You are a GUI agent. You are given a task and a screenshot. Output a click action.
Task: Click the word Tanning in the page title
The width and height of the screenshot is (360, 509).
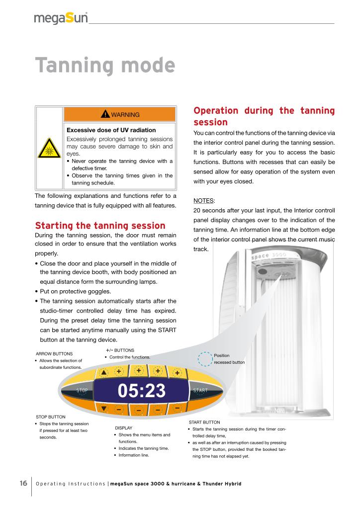(x=71, y=66)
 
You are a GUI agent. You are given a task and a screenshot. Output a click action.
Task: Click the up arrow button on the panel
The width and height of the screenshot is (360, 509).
(x=103, y=372)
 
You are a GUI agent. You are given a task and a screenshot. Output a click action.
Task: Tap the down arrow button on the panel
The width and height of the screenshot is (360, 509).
(x=103, y=409)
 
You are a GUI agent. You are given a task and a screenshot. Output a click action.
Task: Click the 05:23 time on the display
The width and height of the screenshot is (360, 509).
(x=142, y=391)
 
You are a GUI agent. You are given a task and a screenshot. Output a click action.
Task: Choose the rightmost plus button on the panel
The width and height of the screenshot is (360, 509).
(x=177, y=373)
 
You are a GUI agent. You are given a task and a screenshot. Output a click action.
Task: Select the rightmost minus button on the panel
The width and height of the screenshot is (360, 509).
(x=177, y=408)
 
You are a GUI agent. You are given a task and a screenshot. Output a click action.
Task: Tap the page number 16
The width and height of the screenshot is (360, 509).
(x=23, y=483)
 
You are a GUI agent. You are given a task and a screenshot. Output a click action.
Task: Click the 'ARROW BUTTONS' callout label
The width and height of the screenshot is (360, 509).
(x=55, y=353)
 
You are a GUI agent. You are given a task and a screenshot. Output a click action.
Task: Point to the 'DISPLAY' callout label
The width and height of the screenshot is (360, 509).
(x=124, y=427)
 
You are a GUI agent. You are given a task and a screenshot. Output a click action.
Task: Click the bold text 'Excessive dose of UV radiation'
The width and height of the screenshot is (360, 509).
(x=104, y=130)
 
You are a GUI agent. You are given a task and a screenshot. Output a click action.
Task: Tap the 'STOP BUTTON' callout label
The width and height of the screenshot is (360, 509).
(x=51, y=417)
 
